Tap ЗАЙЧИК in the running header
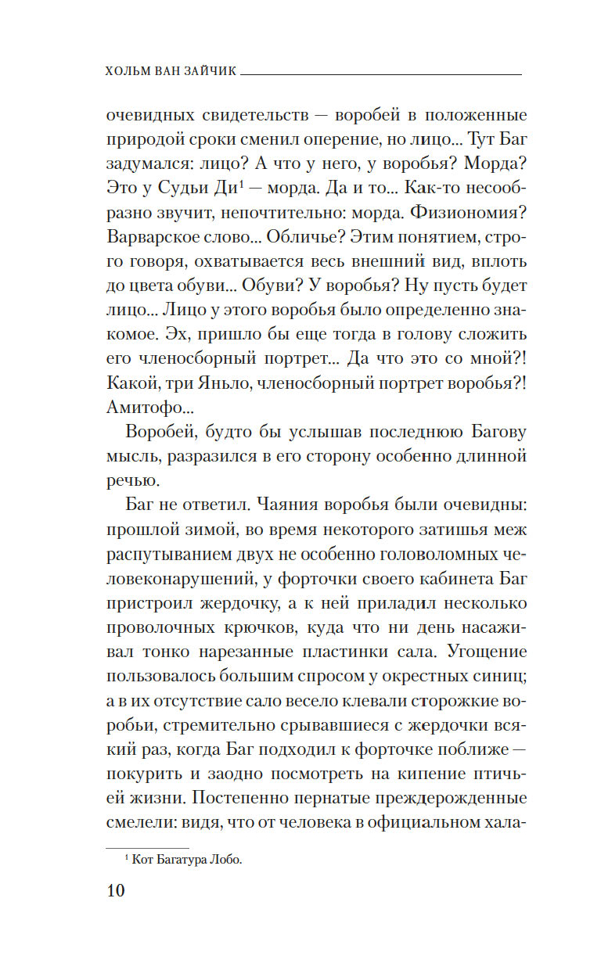pos(208,71)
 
